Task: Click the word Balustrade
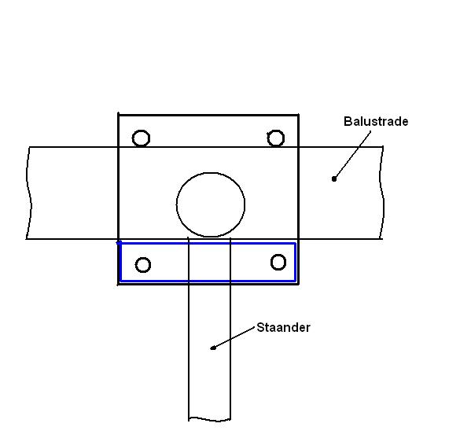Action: (x=376, y=121)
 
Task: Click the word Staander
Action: (x=283, y=327)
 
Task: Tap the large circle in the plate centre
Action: (x=177, y=205)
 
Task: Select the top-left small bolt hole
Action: (x=132, y=138)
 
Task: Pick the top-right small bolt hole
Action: (x=267, y=138)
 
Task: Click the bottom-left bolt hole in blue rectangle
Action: (x=136, y=265)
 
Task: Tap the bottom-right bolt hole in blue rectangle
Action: (x=271, y=263)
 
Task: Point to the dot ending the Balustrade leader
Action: (x=334, y=179)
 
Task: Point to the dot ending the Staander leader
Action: (x=213, y=348)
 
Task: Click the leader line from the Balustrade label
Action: (x=352, y=155)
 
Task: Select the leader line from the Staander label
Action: (x=234, y=338)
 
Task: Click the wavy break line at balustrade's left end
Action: (x=29, y=193)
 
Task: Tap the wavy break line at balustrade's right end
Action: (x=382, y=193)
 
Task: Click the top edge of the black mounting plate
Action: (x=208, y=115)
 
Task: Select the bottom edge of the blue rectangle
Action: (x=208, y=282)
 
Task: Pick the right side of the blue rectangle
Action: (x=296, y=263)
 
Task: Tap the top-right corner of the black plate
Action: (x=298, y=115)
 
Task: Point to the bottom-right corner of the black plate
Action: (x=298, y=284)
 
